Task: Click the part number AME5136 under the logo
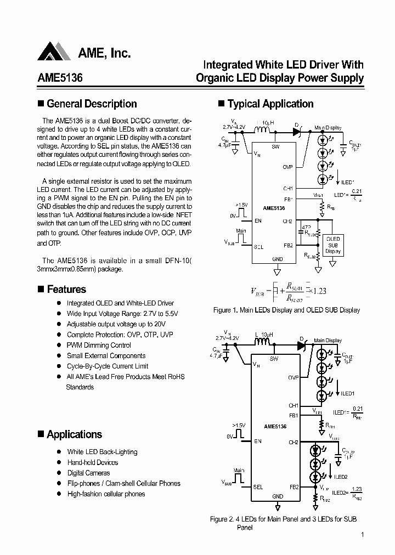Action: [x=60, y=78]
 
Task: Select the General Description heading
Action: [x=92, y=104]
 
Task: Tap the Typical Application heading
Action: [x=270, y=104]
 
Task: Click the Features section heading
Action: [x=66, y=289]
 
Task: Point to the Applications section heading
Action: [x=74, y=434]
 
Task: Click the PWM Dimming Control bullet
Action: [x=99, y=346]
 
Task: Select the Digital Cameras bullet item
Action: [x=88, y=473]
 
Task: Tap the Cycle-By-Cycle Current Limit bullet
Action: [x=108, y=366]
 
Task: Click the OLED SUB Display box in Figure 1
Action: [x=333, y=245]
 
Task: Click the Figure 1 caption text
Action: [x=286, y=310]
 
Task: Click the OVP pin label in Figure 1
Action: [x=287, y=167]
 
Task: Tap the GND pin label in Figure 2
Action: [x=278, y=496]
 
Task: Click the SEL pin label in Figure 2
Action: [x=258, y=486]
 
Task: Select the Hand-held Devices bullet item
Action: [x=92, y=462]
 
